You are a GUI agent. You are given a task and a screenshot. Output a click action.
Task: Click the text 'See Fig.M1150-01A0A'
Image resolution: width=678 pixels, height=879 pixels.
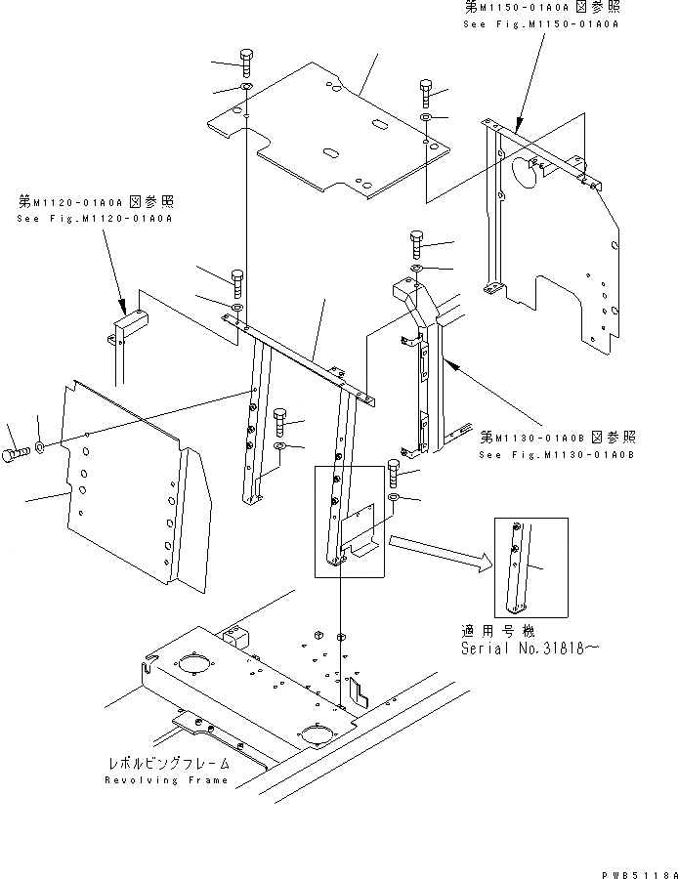[539, 22]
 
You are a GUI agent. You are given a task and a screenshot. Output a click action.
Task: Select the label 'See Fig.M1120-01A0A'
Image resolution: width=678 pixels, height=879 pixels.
[94, 219]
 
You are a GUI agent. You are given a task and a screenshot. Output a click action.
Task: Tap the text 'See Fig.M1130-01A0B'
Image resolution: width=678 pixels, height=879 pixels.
[557, 454]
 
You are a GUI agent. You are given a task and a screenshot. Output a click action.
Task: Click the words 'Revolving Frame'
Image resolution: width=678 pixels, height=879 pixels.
[166, 780]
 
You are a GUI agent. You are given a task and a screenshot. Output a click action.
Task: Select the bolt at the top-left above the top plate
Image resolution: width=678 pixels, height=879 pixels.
[245, 63]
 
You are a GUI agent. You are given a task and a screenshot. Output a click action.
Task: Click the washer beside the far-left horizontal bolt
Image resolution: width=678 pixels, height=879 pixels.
[38, 447]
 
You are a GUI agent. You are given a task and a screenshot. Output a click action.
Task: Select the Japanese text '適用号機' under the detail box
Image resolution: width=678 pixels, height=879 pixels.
[499, 631]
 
